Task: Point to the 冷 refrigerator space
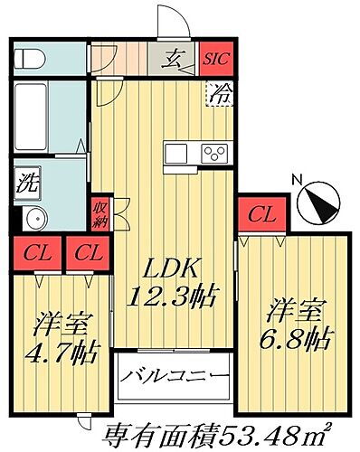pos(219,92)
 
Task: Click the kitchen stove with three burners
pos(215,152)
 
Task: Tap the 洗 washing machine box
pos(27,181)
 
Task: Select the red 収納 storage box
pos(100,213)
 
